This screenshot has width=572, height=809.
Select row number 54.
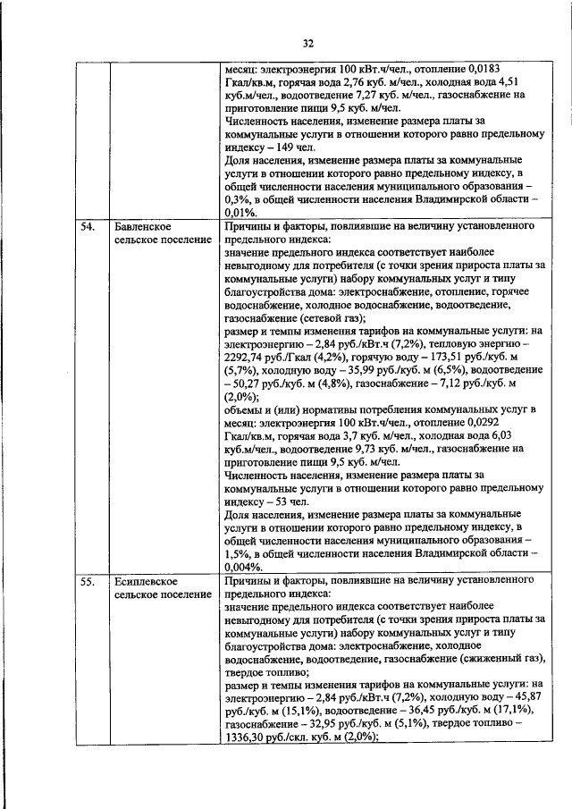[88, 228]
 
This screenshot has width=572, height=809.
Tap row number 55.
[88, 582]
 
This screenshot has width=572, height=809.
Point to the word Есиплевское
[146, 582]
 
